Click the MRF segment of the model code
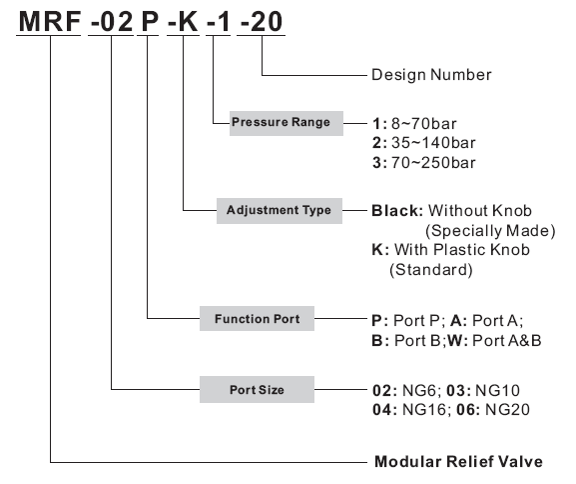tap(50, 21)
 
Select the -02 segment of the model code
tap(111, 21)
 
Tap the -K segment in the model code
tap(183, 21)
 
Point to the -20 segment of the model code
tap(262, 21)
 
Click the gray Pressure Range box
tap(287, 123)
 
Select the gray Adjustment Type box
tap(280, 211)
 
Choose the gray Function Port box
tap(257, 318)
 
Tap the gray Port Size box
tap(257, 389)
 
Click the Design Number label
tap(431, 75)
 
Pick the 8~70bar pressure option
tap(423, 124)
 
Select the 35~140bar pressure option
tap(433, 143)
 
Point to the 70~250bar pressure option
tap(433, 162)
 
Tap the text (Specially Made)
tap(490, 231)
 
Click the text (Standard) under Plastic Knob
tap(431, 270)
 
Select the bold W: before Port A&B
tap(458, 341)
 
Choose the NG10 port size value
tap(497, 391)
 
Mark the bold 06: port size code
tap(468, 410)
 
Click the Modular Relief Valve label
tap(458, 462)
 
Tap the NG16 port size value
tap(424, 410)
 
